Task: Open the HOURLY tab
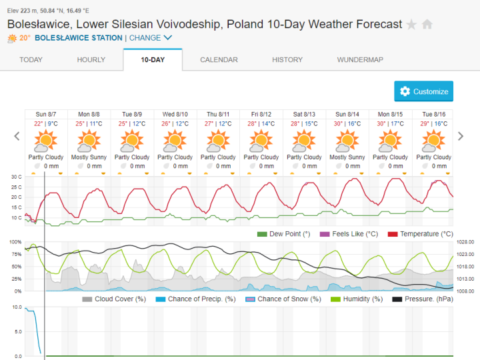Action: [91, 60]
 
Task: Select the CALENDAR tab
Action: [219, 60]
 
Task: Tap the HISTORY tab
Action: [287, 60]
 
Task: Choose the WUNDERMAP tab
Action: [360, 60]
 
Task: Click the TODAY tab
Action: [31, 60]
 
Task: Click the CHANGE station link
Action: [151, 38]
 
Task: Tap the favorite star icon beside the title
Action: [412, 25]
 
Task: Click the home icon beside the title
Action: [427, 25]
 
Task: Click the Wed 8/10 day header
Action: [175, 115]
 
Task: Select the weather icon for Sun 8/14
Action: [347, 141]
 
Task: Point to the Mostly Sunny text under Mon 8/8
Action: [89, 157]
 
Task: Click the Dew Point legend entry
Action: [284, 234]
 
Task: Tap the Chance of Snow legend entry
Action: [280, 299]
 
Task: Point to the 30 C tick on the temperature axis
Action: [16, 177]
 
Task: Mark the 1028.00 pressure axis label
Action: [465, 242]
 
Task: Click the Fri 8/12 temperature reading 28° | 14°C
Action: [261, 124]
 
